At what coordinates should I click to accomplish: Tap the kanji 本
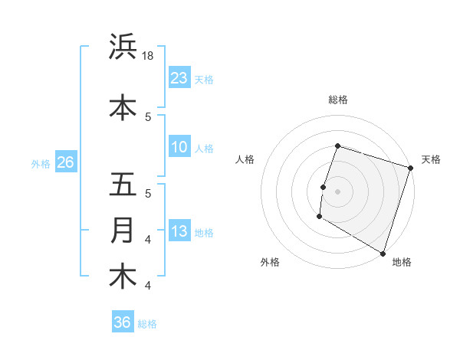tap(123, 107)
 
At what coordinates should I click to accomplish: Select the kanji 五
tap(123, 185)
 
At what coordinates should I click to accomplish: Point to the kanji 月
tap(123, 231)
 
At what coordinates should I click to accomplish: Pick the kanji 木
tap(123, 276)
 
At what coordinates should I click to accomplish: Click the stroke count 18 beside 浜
tap(149, 57)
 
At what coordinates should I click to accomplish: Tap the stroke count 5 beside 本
tap(148, 116)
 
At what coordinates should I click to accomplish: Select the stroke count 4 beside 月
tap(148, 240)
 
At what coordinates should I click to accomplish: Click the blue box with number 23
tap(179, 78)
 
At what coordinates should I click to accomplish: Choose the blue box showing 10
tap(179, 147)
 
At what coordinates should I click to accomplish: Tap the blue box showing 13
tap(179, 231)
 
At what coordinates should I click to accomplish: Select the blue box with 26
tap(65, 162)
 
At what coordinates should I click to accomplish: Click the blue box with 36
tap(122, 322)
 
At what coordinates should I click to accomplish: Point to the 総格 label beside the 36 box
tap(148, 324)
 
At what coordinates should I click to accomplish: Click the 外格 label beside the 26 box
tap(41, 164)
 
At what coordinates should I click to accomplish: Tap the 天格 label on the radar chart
tap(431, 159)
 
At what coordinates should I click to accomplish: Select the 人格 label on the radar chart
tap(245, 159)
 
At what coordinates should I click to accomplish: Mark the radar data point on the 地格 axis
tap(383, 253)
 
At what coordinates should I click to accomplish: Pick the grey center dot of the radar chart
tap(337, 191)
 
